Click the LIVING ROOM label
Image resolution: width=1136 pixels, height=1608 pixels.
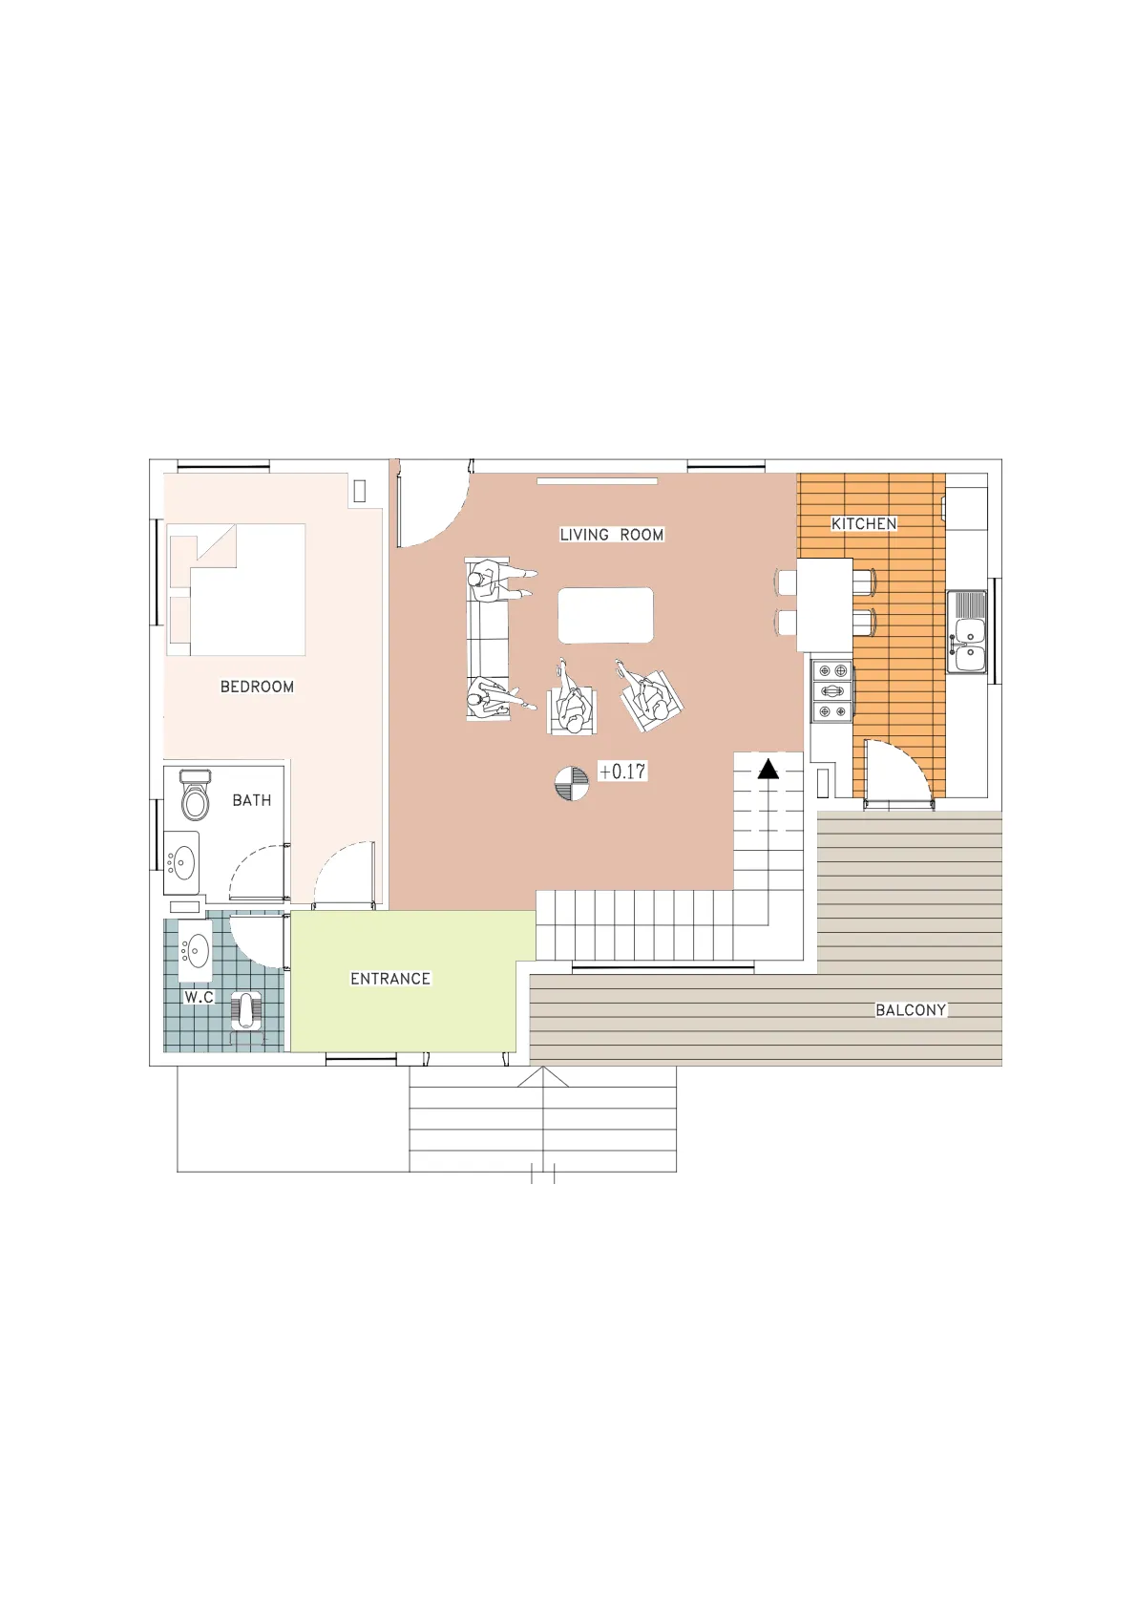point(611,534)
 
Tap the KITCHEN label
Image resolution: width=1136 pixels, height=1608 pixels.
point(864,524)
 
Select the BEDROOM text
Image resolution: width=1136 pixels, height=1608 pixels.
point(257,687)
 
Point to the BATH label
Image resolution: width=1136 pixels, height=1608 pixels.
point(252,799)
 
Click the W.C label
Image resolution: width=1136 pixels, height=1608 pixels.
point(199,997)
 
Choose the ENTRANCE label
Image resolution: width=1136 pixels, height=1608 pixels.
point(390,979)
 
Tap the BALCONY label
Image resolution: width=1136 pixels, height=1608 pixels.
point(911,1010)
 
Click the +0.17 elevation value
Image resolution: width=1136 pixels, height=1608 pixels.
point(623,772)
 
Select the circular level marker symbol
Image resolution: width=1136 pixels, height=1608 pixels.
point(572,783)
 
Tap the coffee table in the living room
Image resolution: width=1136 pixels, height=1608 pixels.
point(605,615)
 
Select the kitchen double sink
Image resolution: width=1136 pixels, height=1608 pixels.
point(967,632)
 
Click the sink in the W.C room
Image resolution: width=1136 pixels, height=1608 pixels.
point(195,949)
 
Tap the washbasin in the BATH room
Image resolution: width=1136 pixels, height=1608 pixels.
point(181,862)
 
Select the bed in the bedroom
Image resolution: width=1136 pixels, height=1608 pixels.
point(236,589)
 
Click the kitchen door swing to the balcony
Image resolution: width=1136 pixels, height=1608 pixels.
point(900,769)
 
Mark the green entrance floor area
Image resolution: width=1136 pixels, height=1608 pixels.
point(402,981)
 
